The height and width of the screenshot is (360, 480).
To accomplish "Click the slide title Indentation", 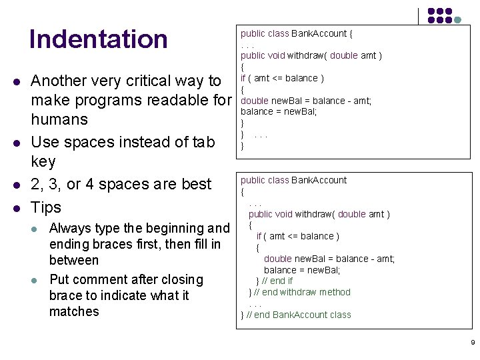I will pyautogui.click(x=99, y=39).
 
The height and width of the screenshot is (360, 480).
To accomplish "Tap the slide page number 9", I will pyautogui.click(x=473, y=343).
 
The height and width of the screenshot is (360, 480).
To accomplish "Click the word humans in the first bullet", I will pyautogui.click(x=59, y=119).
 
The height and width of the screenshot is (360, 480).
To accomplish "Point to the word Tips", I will pyautogui.click(x=46, y=207).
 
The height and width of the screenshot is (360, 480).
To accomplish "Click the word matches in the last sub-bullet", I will pyautogui.click(x=74, y=311).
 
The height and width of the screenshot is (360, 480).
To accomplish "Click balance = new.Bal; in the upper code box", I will pyautogui.click(x=279, y=111).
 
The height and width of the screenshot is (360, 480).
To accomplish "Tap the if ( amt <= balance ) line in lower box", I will pyautogui.click(x=298, y=236).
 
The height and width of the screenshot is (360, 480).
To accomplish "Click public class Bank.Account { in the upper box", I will pyautogui.click(x=297, y=33).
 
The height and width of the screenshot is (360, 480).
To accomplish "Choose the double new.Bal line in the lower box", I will pyautogui.click(x=329, y=259).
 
